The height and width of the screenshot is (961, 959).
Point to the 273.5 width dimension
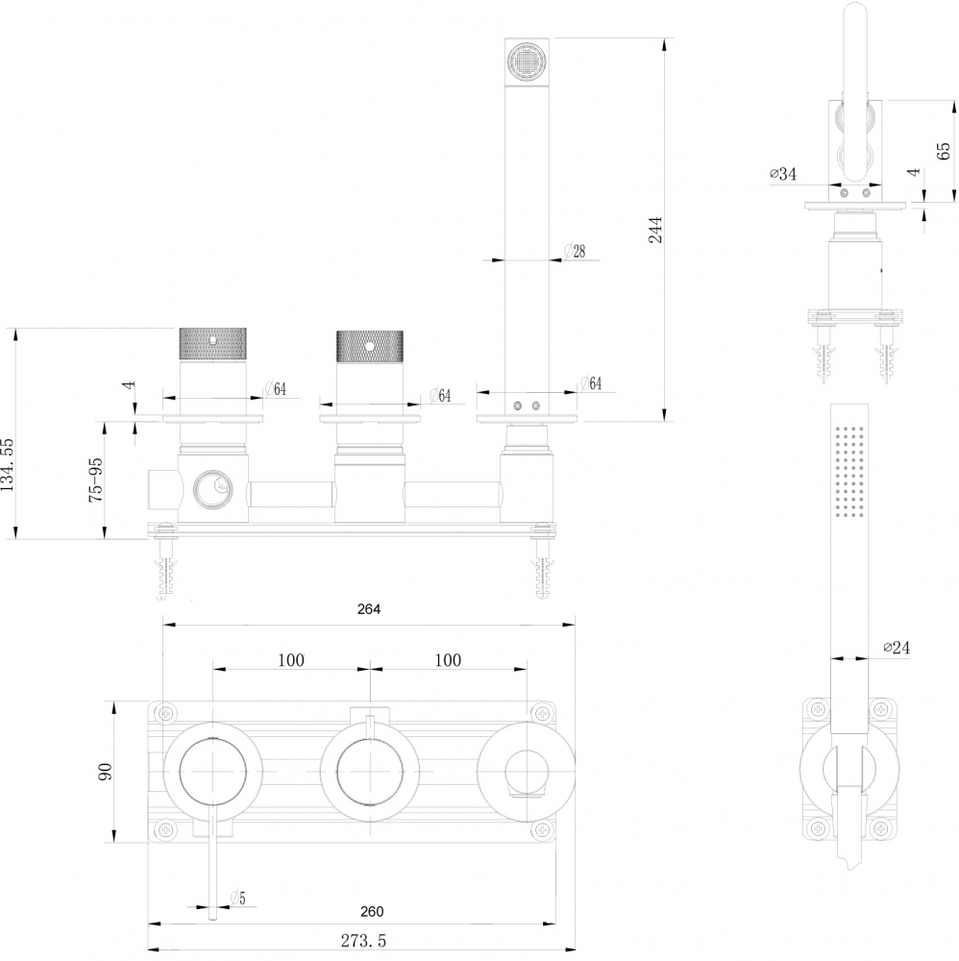click(x=356, y=941)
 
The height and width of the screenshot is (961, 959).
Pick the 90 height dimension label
click(x=106, y=771)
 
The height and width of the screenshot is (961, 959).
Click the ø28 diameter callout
click(x=575, y=251)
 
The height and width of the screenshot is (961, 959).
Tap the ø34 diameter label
click(x=782, y=174)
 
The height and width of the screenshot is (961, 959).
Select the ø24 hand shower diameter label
click(x=895, y=648)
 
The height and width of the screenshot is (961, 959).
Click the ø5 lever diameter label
click(x=237, y=899)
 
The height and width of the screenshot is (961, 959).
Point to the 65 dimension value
click(x=943, y=149)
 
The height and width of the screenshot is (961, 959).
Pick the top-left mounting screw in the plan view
click(x=167, y=713)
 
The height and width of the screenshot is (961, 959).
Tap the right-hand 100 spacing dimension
click(x=447, y=660)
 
